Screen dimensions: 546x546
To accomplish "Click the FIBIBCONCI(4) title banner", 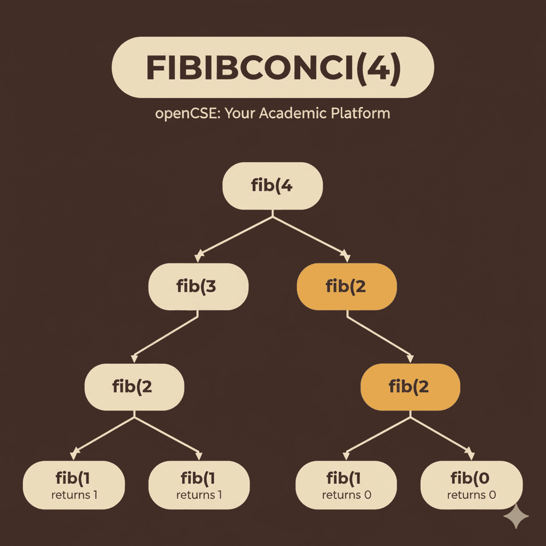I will pos(272,67).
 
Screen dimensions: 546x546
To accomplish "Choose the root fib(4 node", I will pos(272,186).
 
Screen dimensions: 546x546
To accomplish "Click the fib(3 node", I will pos(198,286).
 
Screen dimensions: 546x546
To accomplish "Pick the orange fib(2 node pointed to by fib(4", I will pos(347,286).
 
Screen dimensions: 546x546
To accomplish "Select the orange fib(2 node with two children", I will pos(411,387).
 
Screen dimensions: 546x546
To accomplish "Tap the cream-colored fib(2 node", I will pos(134,387).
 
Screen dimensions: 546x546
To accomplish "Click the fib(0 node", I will pos(471,485).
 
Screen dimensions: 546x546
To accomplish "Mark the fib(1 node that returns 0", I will pos(347,485).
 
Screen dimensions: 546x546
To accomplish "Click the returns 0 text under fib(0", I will pos(471,495).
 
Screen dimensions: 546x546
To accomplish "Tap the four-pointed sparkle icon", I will pos(516,517).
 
